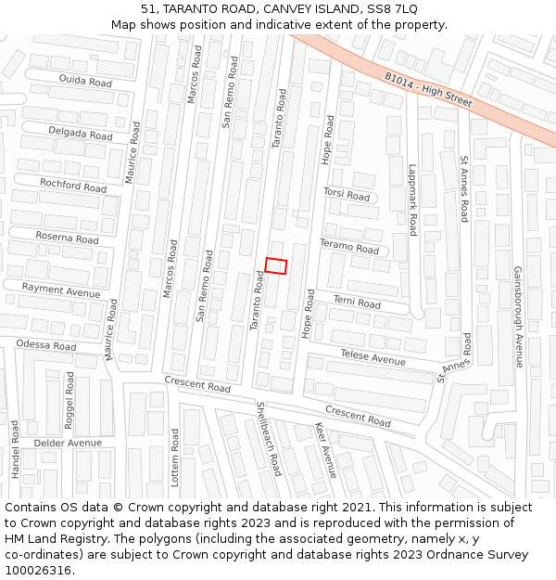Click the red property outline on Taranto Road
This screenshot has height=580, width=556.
(x=275, y=266)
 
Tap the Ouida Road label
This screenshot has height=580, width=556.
(x=85, y=83)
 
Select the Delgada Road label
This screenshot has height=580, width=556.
(x=80, y=134)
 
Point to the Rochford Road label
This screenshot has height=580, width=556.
(x=73, y=186)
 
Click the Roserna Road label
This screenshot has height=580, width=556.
(x=67, y=238)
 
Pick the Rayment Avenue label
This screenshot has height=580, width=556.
(x=61, y=291)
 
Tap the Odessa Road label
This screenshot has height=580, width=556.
(x=46, y=345)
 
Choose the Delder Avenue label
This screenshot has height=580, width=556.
(x=67, y=444)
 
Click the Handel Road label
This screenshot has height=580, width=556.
(x=15, y=449)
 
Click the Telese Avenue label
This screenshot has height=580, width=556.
(x=373, y=357)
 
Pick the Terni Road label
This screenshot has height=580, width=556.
(x=357, y=303)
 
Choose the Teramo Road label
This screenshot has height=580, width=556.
(x=349, y=249)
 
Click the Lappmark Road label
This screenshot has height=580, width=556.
(x=413, y=200)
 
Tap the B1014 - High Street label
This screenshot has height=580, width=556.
(x=428, y=88)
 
